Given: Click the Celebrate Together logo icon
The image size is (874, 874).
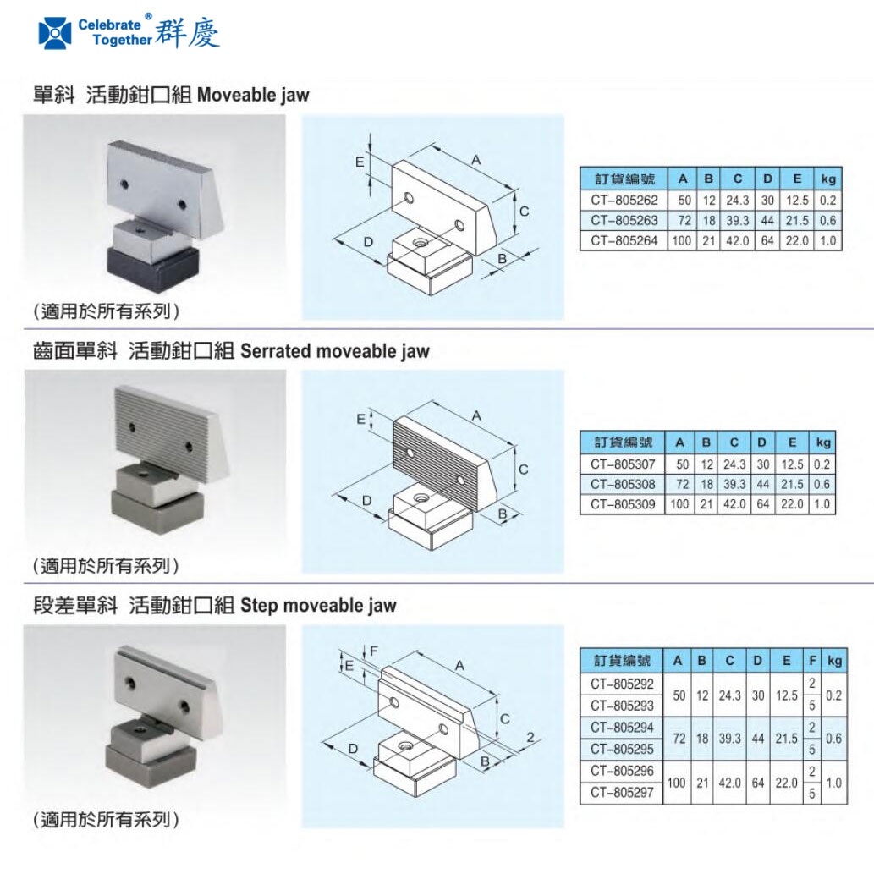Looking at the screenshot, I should coord(56,32).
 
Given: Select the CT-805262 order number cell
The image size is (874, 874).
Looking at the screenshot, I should coord(624,201).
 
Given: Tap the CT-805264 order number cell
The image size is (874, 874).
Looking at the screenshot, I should coord(624,241).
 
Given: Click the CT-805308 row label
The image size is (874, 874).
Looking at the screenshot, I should coord(624,485).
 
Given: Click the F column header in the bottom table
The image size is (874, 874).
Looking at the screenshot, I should coord(811,661).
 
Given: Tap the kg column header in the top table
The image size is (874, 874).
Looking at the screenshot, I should coord(827,179).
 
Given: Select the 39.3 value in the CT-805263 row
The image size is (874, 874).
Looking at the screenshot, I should coord(737,221).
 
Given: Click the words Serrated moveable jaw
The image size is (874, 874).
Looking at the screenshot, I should coord(335,351).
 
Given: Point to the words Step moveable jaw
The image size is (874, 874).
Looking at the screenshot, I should coord(318,606).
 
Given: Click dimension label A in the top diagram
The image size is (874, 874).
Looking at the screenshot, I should coord(475,160).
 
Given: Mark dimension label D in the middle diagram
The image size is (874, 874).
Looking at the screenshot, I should coord(366,501).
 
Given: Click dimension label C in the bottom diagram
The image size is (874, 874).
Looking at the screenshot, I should coord(504,719).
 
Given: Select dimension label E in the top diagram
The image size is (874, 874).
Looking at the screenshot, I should coord(360,161).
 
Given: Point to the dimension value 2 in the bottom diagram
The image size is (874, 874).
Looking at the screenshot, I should coord(530,738).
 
